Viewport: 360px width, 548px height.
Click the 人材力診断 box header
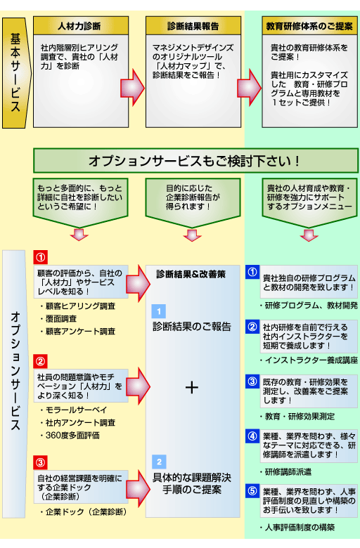click(82, 27)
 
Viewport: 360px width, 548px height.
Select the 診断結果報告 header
click(192, 27)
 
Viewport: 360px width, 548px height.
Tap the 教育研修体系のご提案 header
click(305, 27)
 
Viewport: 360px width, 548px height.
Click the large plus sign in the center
click(191, 387)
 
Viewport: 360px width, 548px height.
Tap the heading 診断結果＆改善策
click(191, 274)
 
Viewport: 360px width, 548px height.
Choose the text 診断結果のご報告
click(191, 327)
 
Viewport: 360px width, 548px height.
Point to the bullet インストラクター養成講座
click(309, 360)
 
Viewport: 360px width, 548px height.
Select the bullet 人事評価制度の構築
click(298, 527)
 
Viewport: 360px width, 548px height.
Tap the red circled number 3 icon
click(40, 462)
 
